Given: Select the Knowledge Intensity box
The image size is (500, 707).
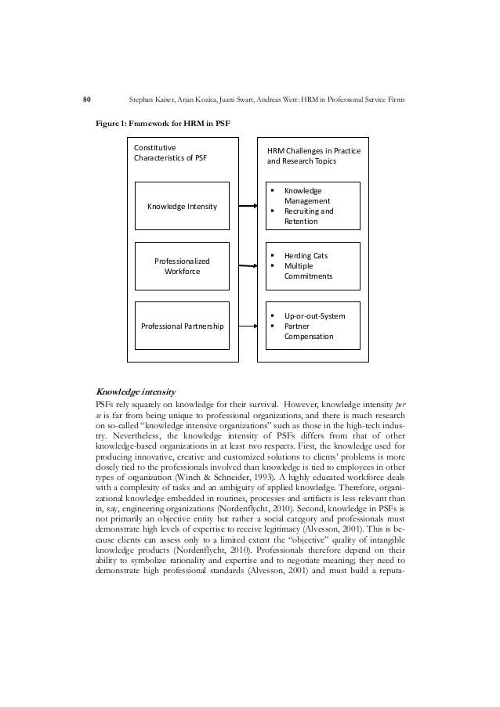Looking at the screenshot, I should click(x=183, y=206).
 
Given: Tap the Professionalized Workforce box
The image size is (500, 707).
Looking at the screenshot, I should click(x=183, y=265).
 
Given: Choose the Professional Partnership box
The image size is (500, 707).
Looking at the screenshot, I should click(x=183, y=324).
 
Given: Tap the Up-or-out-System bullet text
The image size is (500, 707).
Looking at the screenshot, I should click(x=315, y=316).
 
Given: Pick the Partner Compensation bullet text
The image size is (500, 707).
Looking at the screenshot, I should click(x=309, y=330).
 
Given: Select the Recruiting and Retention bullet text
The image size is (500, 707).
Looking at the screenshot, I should click(x=308, y=216).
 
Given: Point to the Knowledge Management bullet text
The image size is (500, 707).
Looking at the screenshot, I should click(x=306, y=196).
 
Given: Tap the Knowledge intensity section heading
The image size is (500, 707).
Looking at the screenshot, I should click(x=135, y=390).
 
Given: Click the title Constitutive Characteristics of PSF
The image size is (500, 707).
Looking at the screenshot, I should click(x=172, y=152).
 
